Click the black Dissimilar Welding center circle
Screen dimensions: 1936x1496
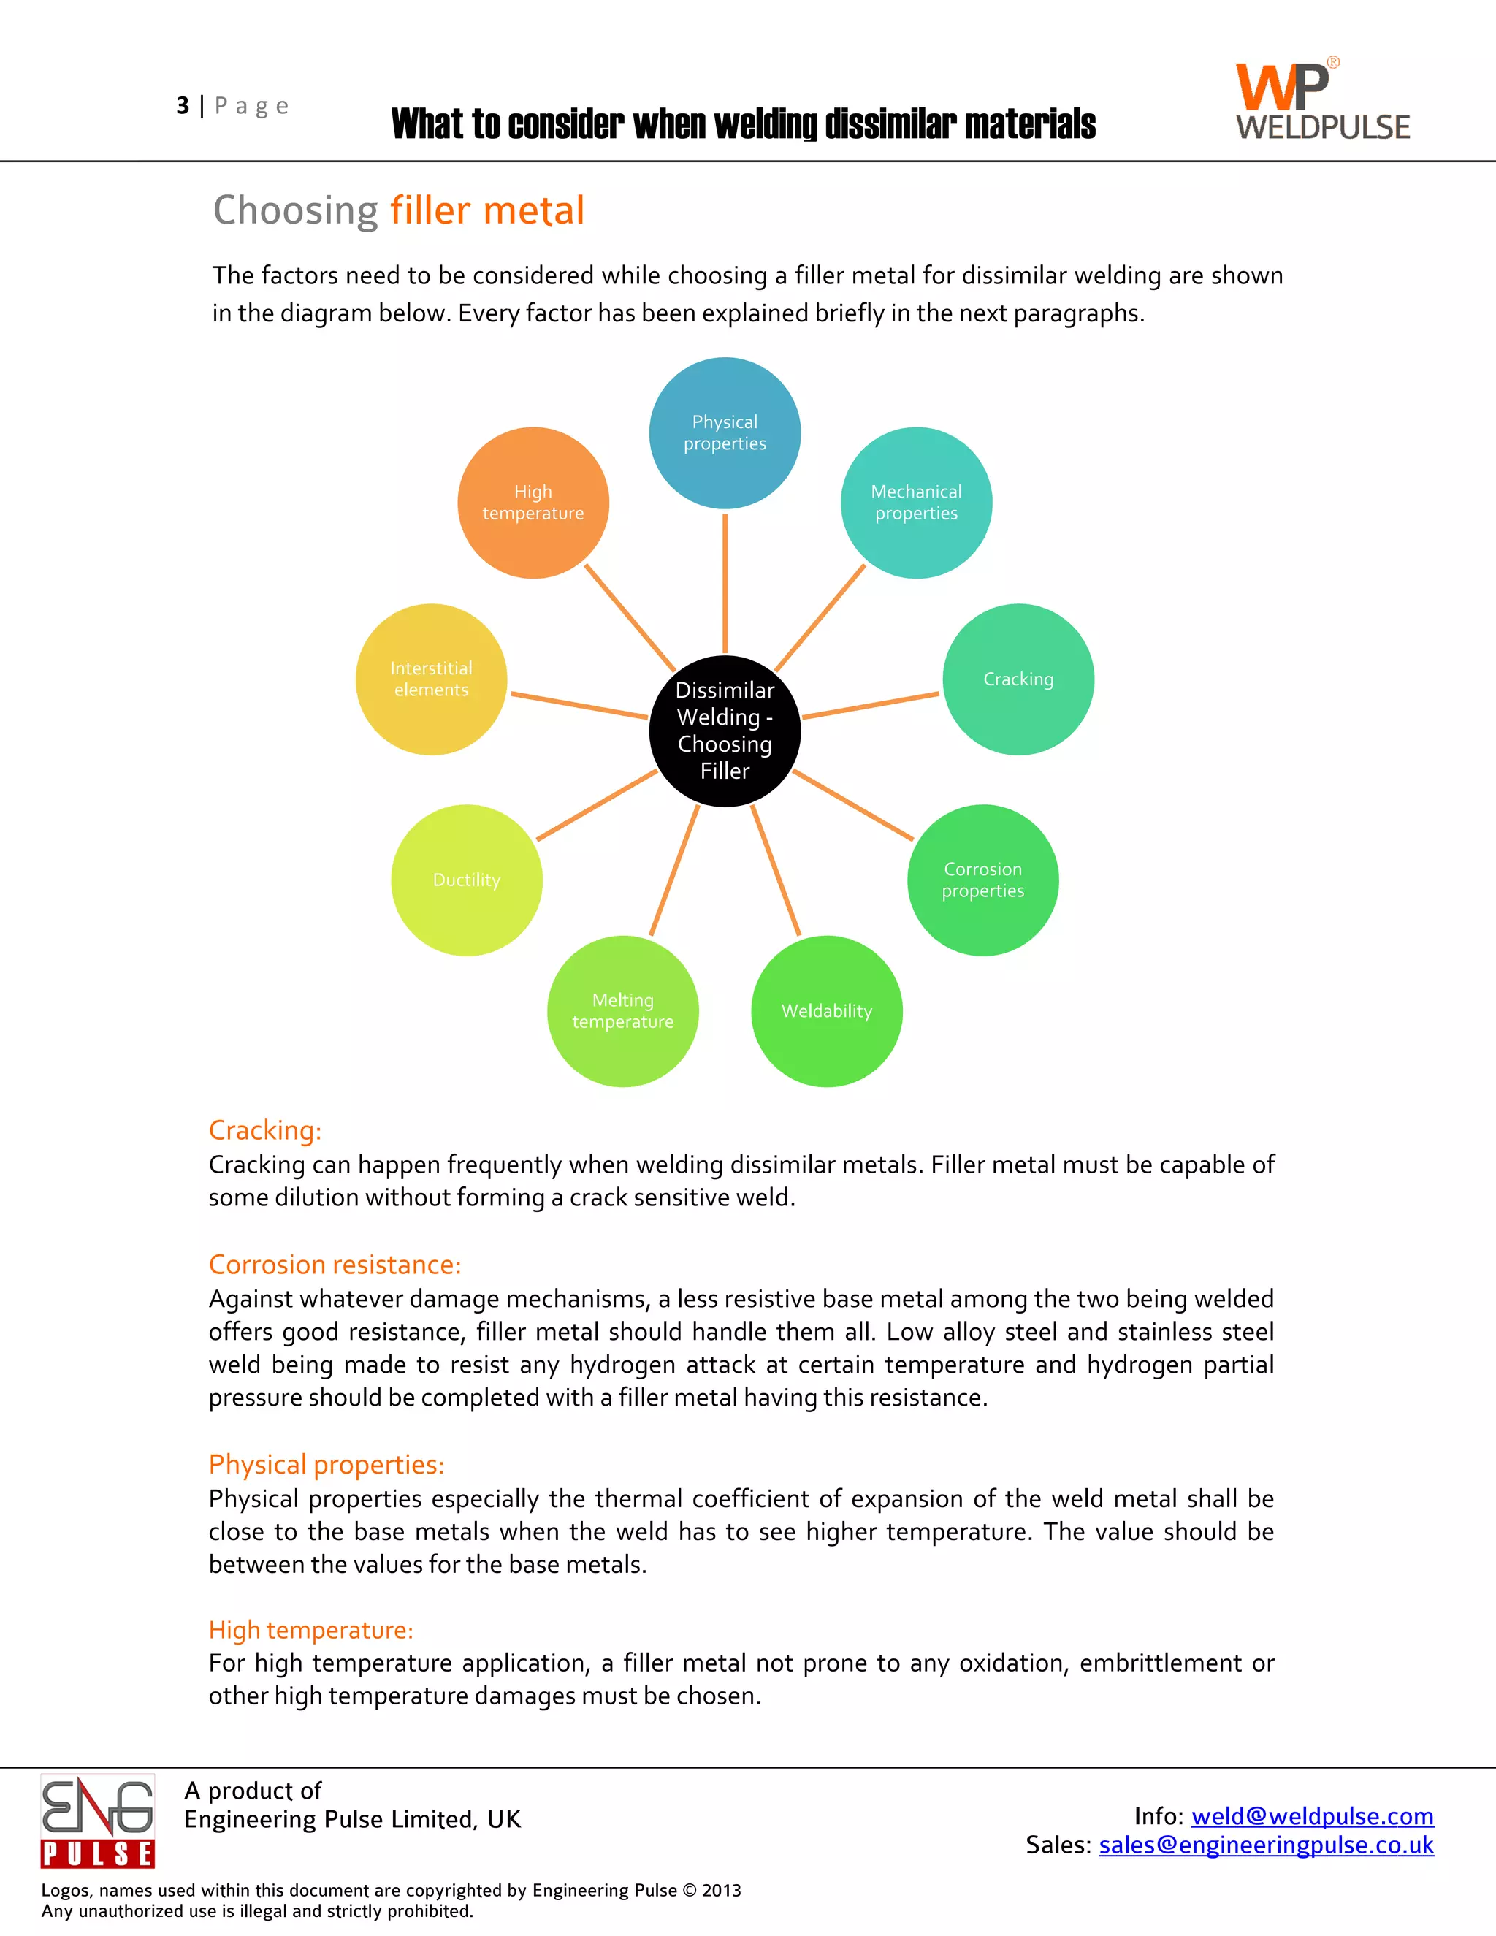724,731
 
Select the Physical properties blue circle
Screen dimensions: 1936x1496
724,432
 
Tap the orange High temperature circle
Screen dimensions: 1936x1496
533,503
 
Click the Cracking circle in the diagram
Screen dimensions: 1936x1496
1018,679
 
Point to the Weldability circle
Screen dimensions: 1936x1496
826,1010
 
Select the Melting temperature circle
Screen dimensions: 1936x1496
622,1010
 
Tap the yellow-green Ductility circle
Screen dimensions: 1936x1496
466,880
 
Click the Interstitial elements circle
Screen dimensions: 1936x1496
431,679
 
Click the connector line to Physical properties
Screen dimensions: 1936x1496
724,583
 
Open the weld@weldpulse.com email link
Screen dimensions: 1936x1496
1312,1816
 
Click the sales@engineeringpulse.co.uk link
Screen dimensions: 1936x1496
1266,1845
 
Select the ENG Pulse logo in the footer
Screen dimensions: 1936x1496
97,1821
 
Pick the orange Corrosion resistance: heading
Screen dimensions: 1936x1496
335,1264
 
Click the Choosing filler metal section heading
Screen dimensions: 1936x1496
398,211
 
